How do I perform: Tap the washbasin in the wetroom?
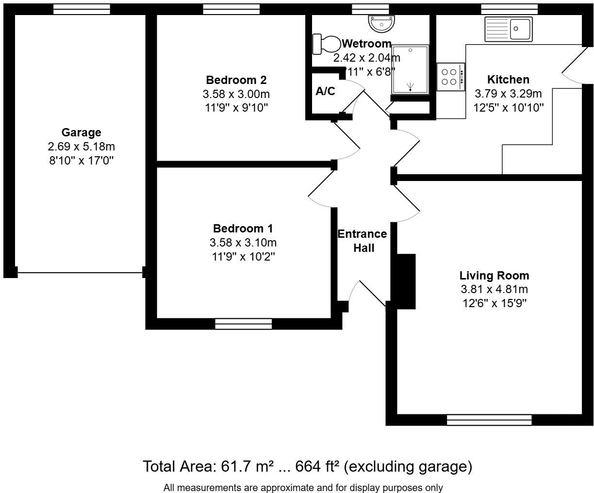(381, 22)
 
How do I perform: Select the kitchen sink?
(508, 29)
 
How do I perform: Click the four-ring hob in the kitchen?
(450, 77)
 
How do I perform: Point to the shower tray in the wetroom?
(411, 69)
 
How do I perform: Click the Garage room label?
(81, 132)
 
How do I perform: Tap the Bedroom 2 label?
(236, 80)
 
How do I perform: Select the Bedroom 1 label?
(243, 229)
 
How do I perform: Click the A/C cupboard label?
(325, 91)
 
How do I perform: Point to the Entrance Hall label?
(363, 241)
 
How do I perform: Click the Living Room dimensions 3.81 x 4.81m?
(494, 290)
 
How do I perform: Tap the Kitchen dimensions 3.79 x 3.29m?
(508, 94)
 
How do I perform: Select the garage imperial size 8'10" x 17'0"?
(81, 160)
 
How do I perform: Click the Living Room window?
(489, 420)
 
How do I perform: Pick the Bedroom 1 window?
(243, 324)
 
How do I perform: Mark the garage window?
(82, 9)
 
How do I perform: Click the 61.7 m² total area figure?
(247, 466)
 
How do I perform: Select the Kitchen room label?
(508, 80)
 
